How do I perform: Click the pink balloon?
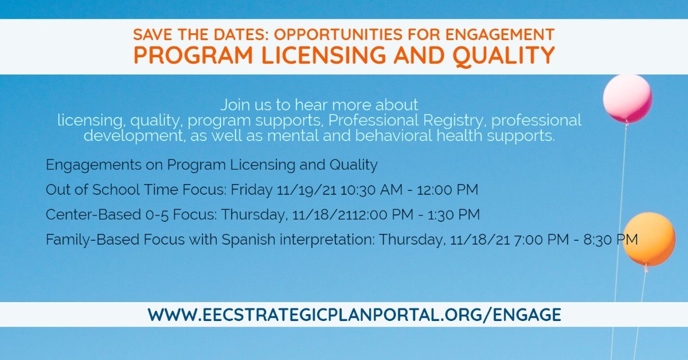pos(627,98)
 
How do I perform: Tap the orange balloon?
pos(649,239)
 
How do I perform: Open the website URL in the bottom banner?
pos(354,315)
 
